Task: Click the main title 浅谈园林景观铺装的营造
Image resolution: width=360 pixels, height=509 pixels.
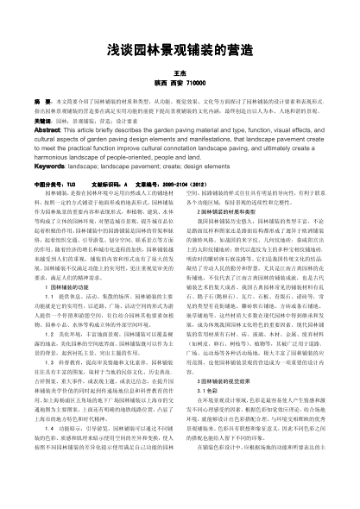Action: [x=180, y=52]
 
